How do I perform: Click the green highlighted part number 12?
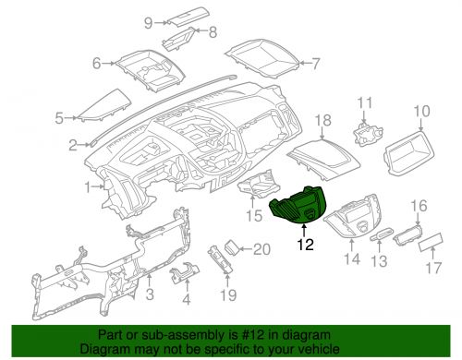click(296, 206)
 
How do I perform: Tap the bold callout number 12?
click(305, 245)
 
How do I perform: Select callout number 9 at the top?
click(149, 23)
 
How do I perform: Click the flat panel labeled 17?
click(431, 243)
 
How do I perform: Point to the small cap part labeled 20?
click(232, 247)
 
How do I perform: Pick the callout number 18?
click(322, 120)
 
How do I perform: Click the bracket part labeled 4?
click(185, 273)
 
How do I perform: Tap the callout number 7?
click(316, 64)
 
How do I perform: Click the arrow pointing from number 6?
click(108, 64)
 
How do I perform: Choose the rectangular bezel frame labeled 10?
click(409, 153)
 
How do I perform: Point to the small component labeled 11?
click(368, 134)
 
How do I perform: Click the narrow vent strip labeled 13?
click(382, 234)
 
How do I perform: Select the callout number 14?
click(352, 259)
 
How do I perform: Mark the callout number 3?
click(150, 294)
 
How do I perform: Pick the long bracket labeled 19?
click(221, 258)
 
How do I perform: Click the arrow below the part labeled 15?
click(252, 201)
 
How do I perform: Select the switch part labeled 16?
click(407, 235)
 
